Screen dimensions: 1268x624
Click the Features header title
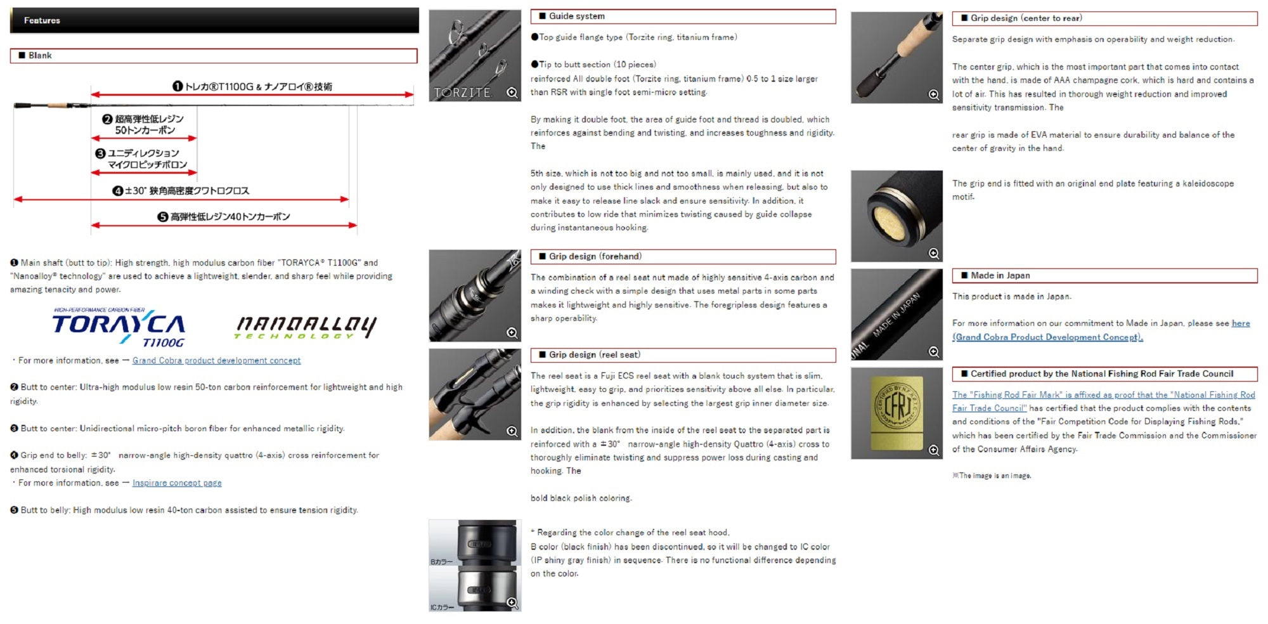pyautogui.click(x=42, y=20)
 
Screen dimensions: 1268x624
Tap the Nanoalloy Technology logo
pyautogui.click(x=306, y=327)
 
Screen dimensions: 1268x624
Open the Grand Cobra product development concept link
pyautogui.click(x=217, y=361)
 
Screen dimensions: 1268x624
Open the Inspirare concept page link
pyautogui.click(x=177, y=483)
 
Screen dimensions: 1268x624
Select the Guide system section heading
pyautogui.click(x=577, y=16)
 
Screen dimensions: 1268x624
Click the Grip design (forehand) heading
pyautogui.click(x=595, y=256)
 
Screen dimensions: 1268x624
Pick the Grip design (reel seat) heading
pyautogui.click(x=595, y=354)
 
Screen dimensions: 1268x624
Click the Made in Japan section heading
pyautogui.click(x=1000, y=275)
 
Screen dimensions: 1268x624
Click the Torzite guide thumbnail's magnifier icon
pyautogui.click(x=512, y=93)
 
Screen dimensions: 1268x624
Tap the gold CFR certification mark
pyautogui.click(x=896, y=412)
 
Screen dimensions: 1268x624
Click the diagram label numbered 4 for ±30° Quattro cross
pyautogui.click(x=181, y=191)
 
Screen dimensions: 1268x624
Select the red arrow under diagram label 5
pyautogui.click(x=224, y=225)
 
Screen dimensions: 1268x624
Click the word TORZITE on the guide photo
pyautogui.click(x=462, y=93)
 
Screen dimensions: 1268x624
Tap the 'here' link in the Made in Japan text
pyautogui.click(x=1241, y=323)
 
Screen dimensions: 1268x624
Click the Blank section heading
pyautogui.click(x=40, y=56)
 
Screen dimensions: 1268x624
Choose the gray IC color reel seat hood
pyautogui.click(x=485, y=588)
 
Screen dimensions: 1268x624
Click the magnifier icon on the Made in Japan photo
pyautogui.click(x=934, y=352)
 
